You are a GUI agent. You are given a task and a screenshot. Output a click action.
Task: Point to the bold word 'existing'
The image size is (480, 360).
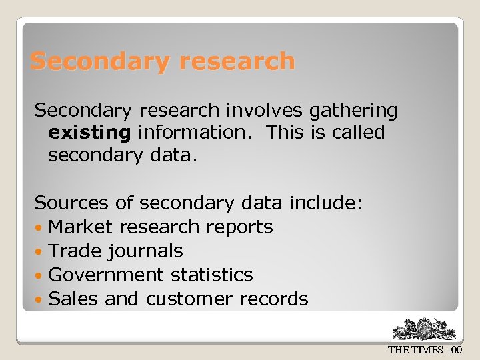click(x=89, y=133)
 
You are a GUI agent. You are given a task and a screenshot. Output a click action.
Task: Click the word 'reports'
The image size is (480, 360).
click(x=239, y=227)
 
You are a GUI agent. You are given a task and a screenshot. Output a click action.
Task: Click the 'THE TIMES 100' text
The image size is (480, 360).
click(x=425, y=350)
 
